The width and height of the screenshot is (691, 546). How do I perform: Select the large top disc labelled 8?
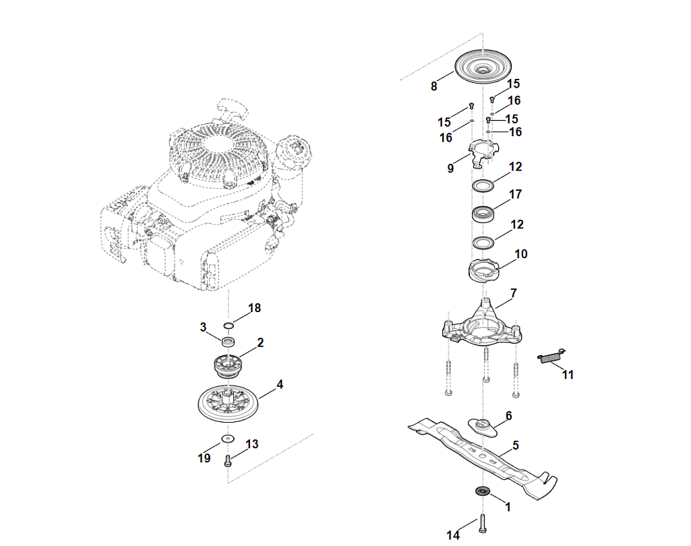pyautogui.click(x=483, y=67)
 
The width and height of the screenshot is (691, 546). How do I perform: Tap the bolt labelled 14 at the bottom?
pyautogui.click(x=483, y=524)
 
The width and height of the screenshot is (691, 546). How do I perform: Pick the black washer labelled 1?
pyautogui.click(x=483, y=491)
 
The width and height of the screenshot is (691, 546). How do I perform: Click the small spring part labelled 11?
pyautogui.click(x=551, y=356)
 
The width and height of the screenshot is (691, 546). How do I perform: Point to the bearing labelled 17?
pyautogui.click(x=483, y=214)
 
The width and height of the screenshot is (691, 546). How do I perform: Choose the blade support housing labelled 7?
pyautogui.click(x=483, y=325)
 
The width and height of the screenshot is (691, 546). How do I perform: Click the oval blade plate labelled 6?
pyautogui.click(x=483, y=427)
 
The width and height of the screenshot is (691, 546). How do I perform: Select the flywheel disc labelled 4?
pyautogui.click(x=229, y=403)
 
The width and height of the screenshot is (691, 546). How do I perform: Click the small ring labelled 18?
pyautogui.click(x=229, y=326)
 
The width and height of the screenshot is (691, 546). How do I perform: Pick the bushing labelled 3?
pyautogui.click(x=228, y=342)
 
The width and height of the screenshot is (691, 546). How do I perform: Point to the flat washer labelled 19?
pyautogui.click(x=228, y=438)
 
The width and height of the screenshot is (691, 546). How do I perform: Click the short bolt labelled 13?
pyautogui.click(x=228, y=461)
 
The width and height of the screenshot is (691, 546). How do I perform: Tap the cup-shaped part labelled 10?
pyautogui.click(x=483, y=270)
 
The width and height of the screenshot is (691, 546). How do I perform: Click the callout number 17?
pyautogui.click(x=515, y=194)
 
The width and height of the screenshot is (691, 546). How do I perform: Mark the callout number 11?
pyautogui.click(x=568, y=375)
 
